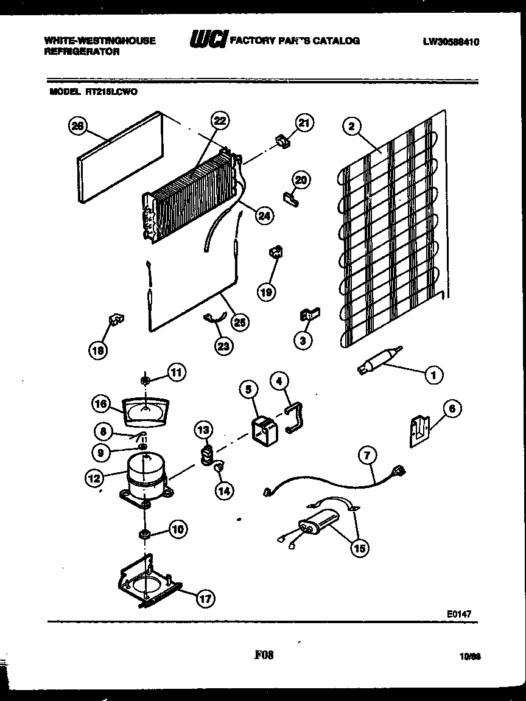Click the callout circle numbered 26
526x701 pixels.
pos(77,126)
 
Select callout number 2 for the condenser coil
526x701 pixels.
pos(350,127)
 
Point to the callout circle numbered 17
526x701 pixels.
pos(205,599)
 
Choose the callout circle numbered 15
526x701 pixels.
pos(359,548)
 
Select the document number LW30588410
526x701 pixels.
pos(451,42)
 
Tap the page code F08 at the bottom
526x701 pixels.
pos(264,655)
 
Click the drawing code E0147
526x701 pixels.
pos(460,615)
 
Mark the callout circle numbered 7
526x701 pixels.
pos(368,455)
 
